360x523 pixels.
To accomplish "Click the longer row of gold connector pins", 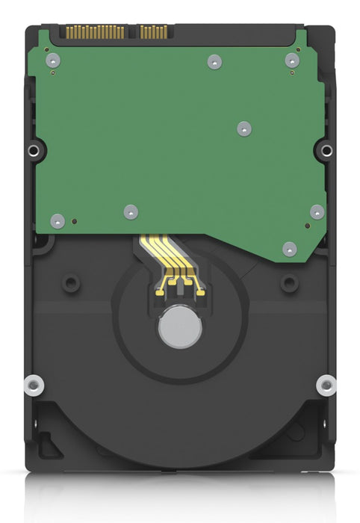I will click(x=95, y=32).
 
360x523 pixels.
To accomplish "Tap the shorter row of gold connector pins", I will click(x=153, y=32).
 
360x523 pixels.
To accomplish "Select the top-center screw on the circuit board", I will click(x=214, y=61).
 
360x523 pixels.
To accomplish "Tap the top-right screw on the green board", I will click(x=292, y=61).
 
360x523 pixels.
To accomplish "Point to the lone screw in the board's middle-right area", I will click(x=244, y=129).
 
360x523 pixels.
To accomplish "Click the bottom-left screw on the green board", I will click(x=58, y=220).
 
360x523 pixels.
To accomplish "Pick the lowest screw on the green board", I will click(x=290, y=249).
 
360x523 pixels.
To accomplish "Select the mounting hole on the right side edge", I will click(x=326, y=151).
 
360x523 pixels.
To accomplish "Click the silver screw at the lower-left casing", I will click(x=33, y=386).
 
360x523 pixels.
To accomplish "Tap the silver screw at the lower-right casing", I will click(x=326, y=386).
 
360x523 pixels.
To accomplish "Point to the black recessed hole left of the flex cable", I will click(x=71, y=283).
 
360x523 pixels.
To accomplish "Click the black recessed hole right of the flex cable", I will click(x=288, y=283).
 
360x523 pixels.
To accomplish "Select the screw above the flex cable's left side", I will click(x=131, y=212).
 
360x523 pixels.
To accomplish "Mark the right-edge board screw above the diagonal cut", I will click(x=317, y=212).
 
